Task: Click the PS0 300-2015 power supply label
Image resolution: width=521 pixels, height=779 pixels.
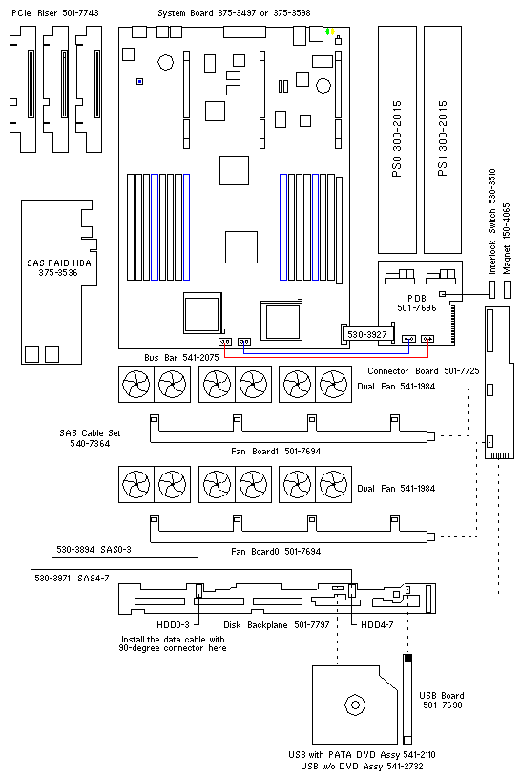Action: tap(397, 139)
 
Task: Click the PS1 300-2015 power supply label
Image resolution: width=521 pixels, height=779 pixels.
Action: tap(443, 138)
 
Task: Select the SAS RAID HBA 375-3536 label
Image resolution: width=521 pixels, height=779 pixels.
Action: tap(58, 267)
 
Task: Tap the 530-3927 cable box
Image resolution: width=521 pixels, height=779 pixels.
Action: tap(367, 334)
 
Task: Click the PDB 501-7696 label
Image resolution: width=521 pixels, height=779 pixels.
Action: tap(417, 303)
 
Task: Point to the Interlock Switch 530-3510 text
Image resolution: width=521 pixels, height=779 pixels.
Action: tap(491, 221)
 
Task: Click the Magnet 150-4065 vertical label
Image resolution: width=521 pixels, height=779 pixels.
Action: tap(506, 238)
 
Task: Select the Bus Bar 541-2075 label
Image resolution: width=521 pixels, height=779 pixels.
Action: tap(181, 357)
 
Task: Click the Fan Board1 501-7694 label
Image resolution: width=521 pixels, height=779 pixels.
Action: tap(276, 452)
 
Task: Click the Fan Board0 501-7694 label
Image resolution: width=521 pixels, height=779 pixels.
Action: tap(276, 551)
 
